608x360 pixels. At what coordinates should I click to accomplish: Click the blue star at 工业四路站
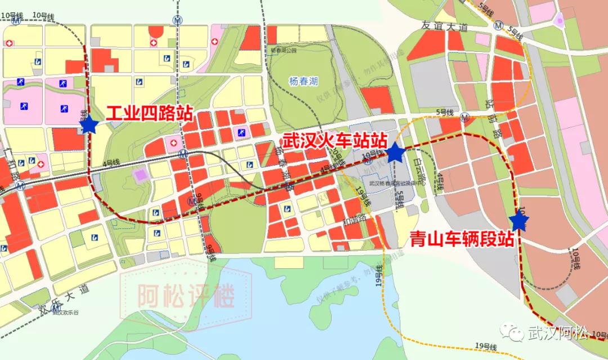89,125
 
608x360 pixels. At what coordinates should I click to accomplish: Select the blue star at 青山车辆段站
518,222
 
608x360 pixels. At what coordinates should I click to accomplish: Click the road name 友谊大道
444,26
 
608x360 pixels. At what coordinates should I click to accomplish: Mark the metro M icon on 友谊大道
499,24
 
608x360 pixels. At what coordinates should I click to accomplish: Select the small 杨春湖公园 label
283,51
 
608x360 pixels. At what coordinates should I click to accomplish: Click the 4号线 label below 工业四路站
111,163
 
